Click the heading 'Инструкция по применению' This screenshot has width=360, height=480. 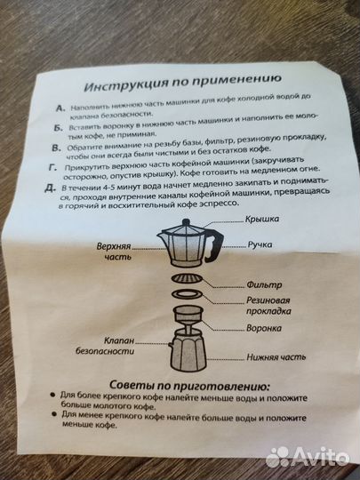point(182,86)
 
